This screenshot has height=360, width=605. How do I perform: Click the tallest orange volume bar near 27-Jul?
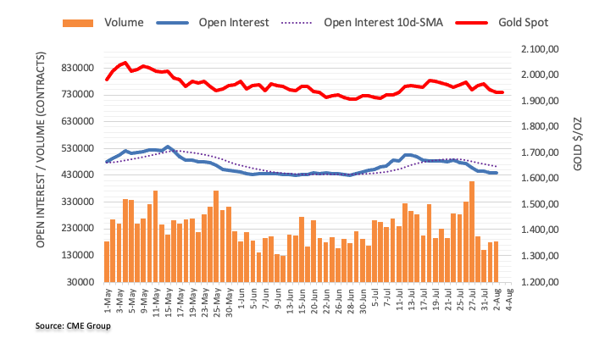tap(471, 231)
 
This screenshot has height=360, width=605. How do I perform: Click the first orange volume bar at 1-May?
tap(107, 261)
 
